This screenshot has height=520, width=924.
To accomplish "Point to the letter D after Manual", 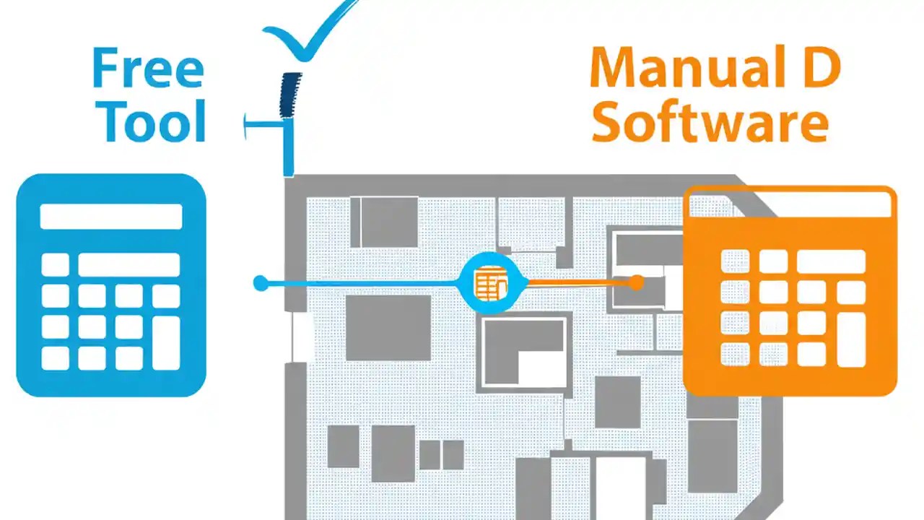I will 821,69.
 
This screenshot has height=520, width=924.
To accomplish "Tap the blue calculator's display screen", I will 111,217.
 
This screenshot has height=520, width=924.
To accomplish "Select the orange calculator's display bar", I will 790,206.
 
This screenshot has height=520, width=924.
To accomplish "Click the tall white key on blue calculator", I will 166,343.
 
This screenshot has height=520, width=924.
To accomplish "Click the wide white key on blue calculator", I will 128,264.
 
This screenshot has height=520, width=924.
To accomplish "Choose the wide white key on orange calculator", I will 830,261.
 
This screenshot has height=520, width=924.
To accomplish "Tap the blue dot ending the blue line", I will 261,283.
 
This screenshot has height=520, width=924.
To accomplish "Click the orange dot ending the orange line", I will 636,282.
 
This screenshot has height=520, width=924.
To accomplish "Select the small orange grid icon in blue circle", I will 491,282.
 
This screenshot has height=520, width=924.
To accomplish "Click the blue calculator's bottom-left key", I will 55,358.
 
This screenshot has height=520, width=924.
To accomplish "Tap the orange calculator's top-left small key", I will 735,261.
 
